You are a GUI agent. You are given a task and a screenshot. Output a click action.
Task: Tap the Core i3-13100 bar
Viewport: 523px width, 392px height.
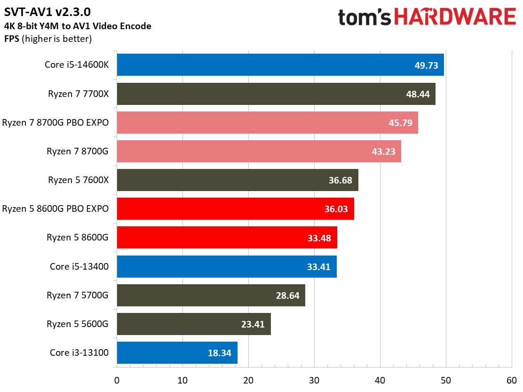pos(177,352)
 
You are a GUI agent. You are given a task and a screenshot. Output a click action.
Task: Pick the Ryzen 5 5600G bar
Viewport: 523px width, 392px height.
pos(193,324)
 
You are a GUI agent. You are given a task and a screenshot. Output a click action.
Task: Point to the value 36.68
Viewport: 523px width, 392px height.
pos(341,181)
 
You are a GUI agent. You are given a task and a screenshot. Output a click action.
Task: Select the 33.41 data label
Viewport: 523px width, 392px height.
pos(319,267)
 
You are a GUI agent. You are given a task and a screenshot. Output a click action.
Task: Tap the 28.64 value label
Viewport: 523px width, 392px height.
pos(287,296)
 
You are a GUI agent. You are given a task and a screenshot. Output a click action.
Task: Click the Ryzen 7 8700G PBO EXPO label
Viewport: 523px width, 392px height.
pos(55,123)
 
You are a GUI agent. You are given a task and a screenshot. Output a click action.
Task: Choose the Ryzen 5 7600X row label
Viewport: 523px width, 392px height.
pos(78,180)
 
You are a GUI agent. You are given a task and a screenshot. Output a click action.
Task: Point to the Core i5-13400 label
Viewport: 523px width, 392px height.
pos(79,266)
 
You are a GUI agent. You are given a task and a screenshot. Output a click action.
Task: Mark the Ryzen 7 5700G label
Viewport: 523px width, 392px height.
pos(78,295)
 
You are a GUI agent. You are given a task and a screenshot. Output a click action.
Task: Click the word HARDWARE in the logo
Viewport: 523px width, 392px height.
pos(455,18)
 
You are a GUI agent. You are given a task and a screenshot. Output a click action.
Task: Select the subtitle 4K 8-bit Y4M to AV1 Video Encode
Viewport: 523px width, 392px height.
pos(78,26)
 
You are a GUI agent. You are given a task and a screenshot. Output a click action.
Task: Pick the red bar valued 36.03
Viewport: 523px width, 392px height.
pos(235,209)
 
